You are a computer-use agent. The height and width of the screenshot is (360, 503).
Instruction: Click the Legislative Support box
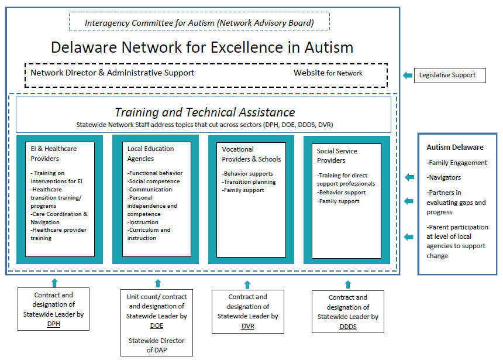click(x=450, y=75)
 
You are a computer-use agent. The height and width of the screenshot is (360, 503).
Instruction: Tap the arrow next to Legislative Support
click(x=408, y=75)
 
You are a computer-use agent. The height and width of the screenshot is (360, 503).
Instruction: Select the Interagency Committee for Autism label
click(x=199, y=23)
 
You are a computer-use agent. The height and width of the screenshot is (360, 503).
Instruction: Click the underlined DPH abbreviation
click(x=54, y=324)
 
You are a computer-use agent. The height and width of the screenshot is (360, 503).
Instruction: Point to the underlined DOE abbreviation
click(x=157, y=325)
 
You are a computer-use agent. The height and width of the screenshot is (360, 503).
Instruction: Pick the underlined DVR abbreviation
click(x=247, y=326)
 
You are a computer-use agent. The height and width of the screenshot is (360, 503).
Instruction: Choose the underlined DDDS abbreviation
click(x=348, y=327)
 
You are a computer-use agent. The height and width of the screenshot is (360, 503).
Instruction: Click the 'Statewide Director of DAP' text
click(x=157, y=345)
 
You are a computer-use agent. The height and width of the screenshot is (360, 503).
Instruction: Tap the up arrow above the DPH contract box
click(x=54, y=283)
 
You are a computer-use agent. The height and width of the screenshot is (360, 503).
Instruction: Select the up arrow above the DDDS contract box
click(x=348, y=284)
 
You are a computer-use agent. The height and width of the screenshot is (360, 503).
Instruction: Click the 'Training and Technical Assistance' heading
click(x=205, y=112)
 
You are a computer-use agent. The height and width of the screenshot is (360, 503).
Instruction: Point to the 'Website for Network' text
click(x=328, y=73)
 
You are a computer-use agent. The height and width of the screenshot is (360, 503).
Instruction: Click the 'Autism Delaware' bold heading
click(x=455, y=148)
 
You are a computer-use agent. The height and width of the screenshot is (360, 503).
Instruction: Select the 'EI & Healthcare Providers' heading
click(x=54, y=153)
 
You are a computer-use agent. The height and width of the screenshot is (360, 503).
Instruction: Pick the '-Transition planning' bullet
click(x=249, y=182)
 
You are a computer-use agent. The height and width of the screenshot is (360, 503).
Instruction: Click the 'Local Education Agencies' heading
click(x=150, y=153)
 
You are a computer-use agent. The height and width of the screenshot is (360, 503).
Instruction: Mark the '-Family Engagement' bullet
click(x=457, y=163)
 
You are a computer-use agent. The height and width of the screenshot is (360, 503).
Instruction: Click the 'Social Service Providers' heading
click(x=337, y=156)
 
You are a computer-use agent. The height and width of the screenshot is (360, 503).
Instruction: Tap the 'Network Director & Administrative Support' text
click(x=112, y=73)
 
